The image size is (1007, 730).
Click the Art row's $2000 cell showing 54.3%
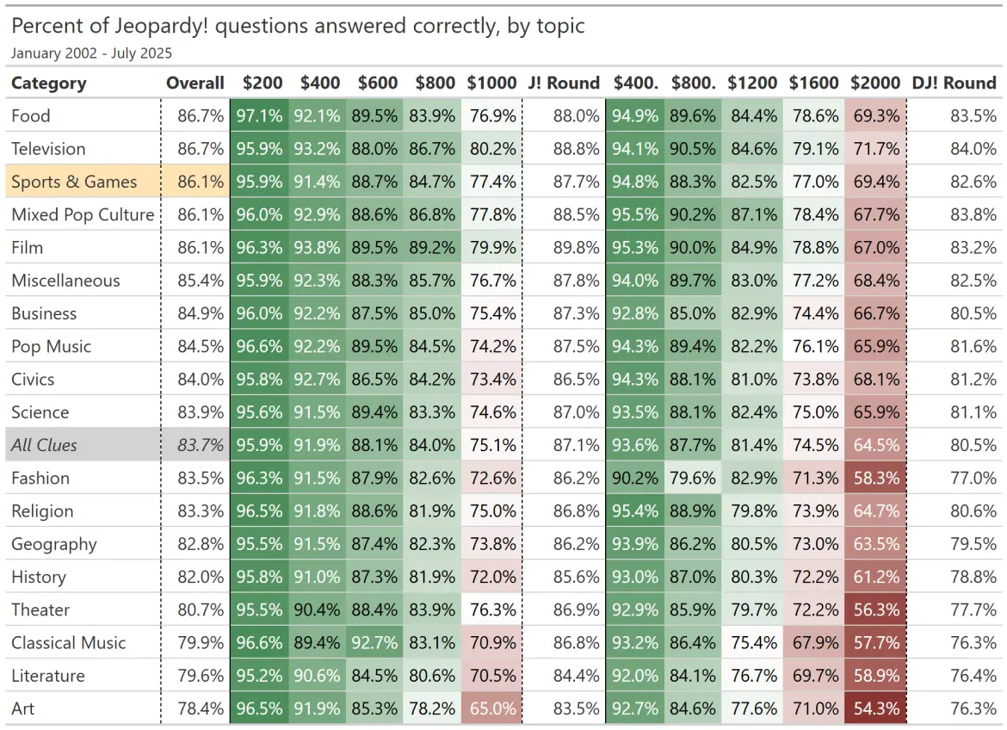(876, 708)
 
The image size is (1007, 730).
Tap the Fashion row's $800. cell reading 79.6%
(693, 478)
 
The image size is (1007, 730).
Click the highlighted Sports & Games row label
(74, 182)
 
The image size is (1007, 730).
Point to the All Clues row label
(44, 445)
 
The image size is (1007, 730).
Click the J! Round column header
(564, 84)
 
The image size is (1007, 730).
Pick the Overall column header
(195, 84)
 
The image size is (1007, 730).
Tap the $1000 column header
(492, 84)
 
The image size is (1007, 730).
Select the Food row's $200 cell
(259, 115)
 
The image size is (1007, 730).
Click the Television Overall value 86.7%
(201, 149)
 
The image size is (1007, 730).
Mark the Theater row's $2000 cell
(876, 609)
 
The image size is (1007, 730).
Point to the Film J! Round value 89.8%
(576, 248)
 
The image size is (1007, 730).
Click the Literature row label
(48, 676)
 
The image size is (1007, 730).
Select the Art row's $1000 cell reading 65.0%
(492, 708)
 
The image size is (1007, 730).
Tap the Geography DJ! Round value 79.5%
(973, 544)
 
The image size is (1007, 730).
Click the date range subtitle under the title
(91, 53)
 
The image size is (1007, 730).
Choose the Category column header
(49, 84)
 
